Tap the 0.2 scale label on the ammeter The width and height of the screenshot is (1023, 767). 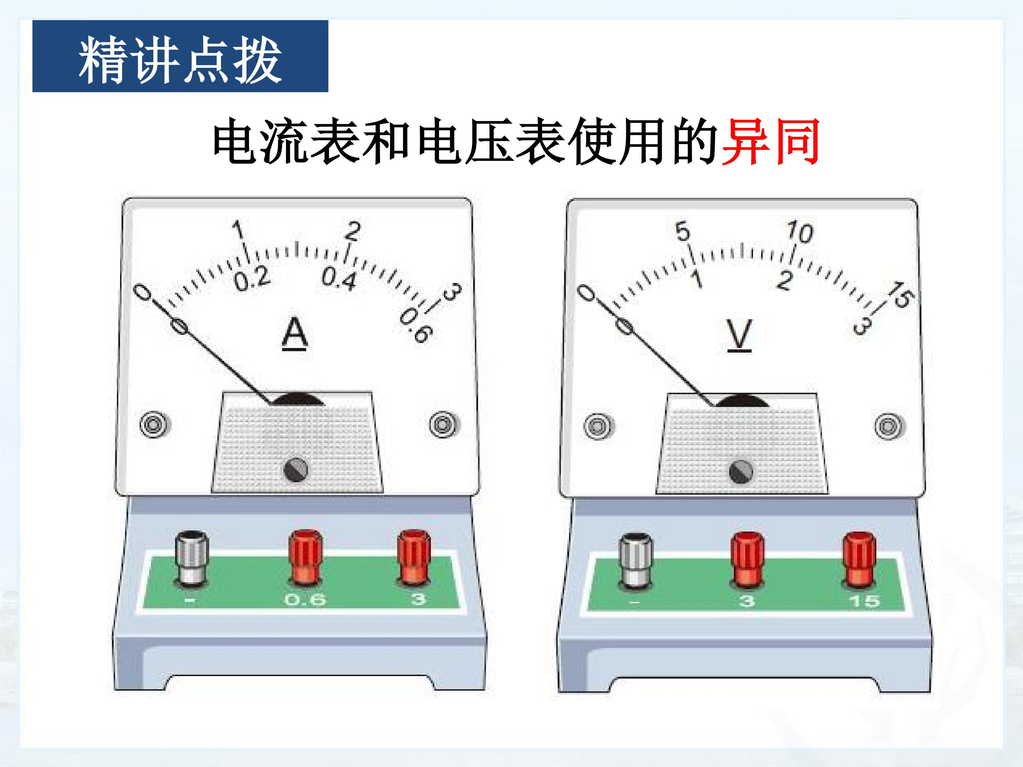coord(251,279)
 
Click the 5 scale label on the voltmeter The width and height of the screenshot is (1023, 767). coord(683,231)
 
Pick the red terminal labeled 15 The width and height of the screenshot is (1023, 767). coord(859,560)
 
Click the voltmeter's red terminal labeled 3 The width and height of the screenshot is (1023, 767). coord(747,560)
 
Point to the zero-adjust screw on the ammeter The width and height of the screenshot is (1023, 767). coord(296,470)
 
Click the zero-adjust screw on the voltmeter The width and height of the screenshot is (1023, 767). coord(740,472)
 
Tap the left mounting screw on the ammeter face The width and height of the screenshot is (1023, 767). coord(155,424)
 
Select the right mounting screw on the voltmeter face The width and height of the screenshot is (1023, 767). coord(889,426)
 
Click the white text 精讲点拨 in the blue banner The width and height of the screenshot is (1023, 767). coord(180,61)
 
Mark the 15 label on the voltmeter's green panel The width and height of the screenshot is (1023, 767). coord(864,601)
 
